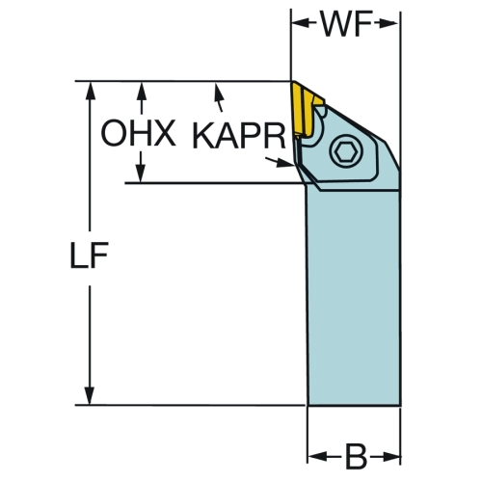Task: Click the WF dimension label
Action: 346,23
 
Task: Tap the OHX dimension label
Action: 138,133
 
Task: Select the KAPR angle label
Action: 239,136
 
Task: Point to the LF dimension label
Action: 90,254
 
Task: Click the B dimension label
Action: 356,456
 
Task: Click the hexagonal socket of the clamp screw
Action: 345,151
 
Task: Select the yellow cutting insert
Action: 305,109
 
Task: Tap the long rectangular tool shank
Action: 353,297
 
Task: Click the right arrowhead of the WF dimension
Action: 389,23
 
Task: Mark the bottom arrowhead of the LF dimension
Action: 90,394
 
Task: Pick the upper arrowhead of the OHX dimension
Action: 141,93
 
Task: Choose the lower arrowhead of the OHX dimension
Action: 141,173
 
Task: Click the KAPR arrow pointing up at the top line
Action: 219,97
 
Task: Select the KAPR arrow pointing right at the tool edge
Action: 280,162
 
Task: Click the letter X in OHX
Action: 165,133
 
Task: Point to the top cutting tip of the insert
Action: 292,82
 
